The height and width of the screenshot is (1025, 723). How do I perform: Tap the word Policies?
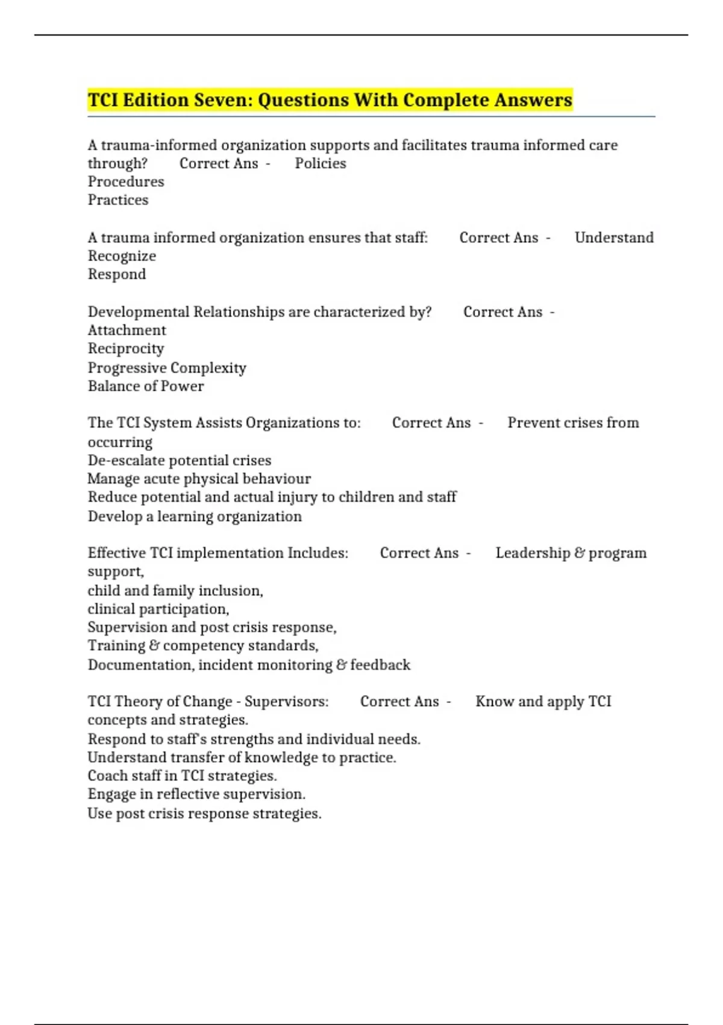[x=321, y=163]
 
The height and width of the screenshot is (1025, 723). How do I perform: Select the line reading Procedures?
[x=126, y=181]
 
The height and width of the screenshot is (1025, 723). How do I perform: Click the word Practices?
[x=118, y=200]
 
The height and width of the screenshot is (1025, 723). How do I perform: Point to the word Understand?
[x=614, y=238]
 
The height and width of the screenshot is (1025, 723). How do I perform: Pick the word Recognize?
[x=122, y=256]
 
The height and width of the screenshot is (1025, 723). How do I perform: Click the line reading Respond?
[x=117, y=274]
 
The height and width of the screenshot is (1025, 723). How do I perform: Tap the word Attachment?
[x=127, y=330]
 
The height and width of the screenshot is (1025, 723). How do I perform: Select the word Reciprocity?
[x=126, y=348]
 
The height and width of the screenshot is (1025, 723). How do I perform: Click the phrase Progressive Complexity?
[x=167, y=368]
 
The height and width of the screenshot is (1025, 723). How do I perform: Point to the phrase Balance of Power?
[x=146, y=386]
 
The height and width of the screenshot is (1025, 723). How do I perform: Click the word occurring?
[x=120, y=442]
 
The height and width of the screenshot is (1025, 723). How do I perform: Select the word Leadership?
[x=533, y=553]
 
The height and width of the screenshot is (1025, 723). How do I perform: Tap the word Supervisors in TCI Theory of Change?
[x=286, y=702]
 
